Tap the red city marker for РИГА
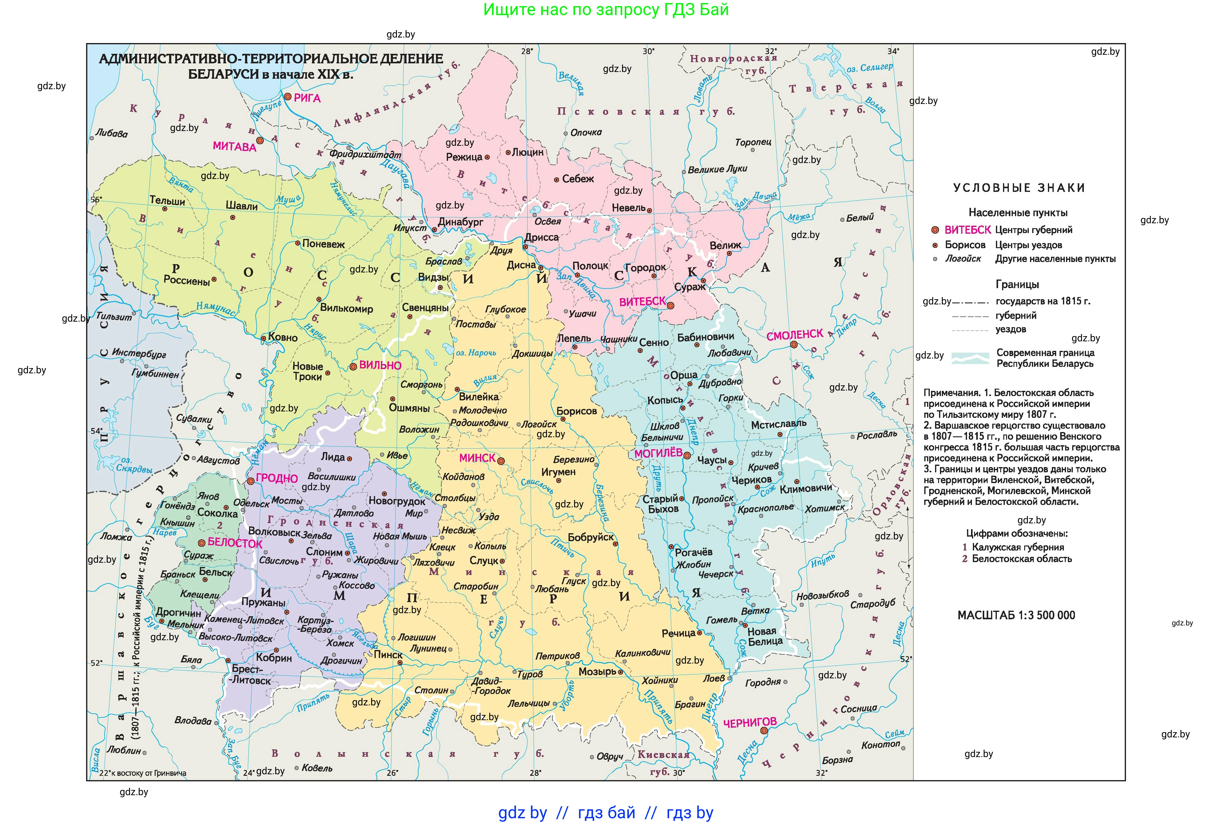287,97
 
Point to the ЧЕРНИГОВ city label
750,722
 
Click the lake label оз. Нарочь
476,353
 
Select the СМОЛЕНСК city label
794,335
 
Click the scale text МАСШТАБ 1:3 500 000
1016,615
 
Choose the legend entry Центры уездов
1028,245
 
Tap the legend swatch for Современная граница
970,358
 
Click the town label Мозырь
597,672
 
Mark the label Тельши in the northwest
167,200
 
